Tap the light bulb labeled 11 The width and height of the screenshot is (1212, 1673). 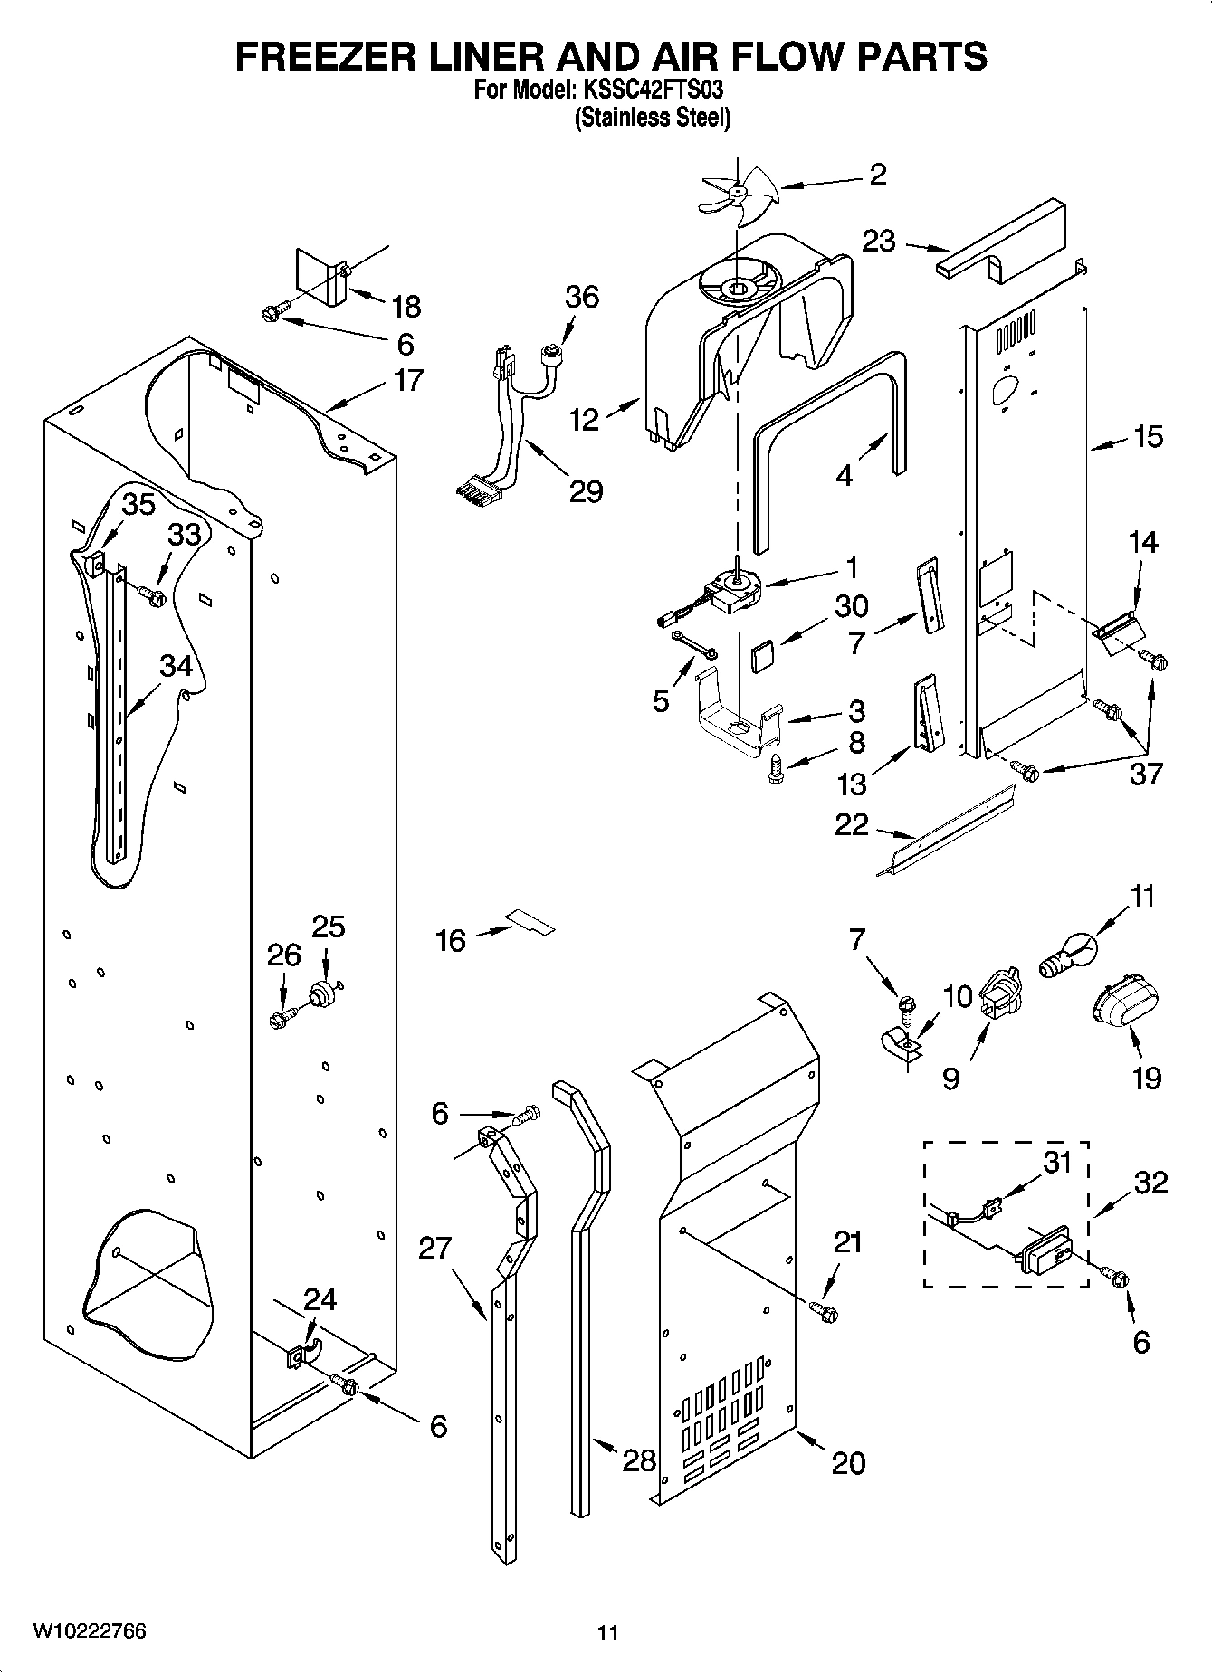click(x=1068, y=956)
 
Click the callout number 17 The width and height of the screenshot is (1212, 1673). click(x=408, y=380)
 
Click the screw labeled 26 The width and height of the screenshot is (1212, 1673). click(x=280, y=1020)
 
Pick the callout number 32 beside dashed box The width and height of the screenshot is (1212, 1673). click(x=1150, y=1182)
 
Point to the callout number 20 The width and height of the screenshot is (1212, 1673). click(x=847, y=1462)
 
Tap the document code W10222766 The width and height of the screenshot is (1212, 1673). click(x=90, y=1630)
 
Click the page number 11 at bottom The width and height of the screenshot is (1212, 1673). click(x=607, y=1632)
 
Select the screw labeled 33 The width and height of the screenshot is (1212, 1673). click(x=152, y=596)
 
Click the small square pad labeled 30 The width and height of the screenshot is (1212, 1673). click(x=764, y=655)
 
